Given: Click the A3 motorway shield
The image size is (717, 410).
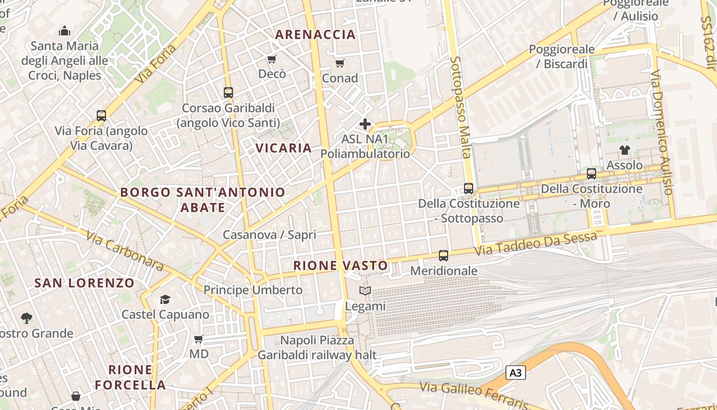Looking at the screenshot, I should pos(516,373).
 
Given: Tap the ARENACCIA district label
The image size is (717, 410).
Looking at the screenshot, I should pos(315,34).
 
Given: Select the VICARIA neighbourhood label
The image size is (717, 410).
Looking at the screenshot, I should pos(283,148).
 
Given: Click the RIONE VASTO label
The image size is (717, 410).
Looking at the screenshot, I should pos(341,265).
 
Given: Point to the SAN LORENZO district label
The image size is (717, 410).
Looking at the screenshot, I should pos(85,283).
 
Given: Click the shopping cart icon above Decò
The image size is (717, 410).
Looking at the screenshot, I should pos(272,59).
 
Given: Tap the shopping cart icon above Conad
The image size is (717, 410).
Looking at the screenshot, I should pos(340,64).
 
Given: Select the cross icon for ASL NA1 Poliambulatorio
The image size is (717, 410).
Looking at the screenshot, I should pos(365,124).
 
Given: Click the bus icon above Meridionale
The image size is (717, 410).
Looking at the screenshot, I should pos(444,255).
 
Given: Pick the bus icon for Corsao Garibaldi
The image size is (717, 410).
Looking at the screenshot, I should pos(228,93).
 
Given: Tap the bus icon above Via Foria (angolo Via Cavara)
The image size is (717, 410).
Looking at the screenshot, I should pos(101,116).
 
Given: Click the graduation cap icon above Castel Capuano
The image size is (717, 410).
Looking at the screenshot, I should pos(165,299).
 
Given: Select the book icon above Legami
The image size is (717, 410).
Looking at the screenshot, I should pos(365,291).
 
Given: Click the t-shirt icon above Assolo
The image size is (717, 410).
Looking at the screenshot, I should pos(624,150).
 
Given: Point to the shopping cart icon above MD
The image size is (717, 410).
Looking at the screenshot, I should pos(199,339).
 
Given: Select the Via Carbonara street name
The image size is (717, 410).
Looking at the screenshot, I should pos(124,251).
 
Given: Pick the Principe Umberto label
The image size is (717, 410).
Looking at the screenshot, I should pos(253,290).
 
